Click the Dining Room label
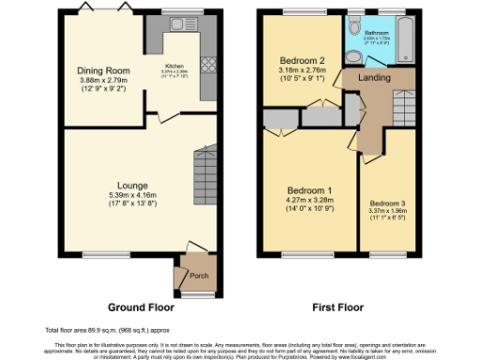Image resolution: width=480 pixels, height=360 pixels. pos(103,69)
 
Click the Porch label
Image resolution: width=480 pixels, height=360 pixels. pos(198,276)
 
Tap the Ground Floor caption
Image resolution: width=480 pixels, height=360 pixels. pos(140,307)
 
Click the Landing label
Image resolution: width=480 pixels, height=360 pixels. pos(374,80)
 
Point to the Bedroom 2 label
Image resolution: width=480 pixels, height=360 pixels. pos(301,59)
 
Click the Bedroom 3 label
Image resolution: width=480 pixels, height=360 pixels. pos(387,203)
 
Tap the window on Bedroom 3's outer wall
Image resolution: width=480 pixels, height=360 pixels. pos(387,253)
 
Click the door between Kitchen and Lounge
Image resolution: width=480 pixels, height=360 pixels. pos(166,115)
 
